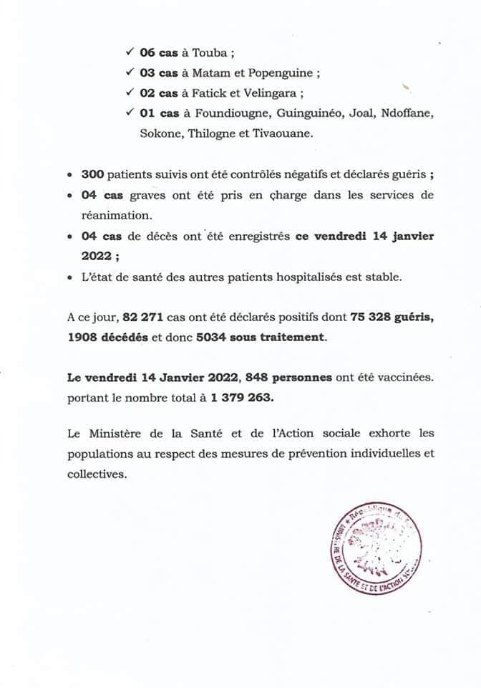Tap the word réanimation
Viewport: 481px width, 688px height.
point(115,214)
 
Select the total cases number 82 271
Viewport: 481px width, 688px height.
point(143,318)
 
